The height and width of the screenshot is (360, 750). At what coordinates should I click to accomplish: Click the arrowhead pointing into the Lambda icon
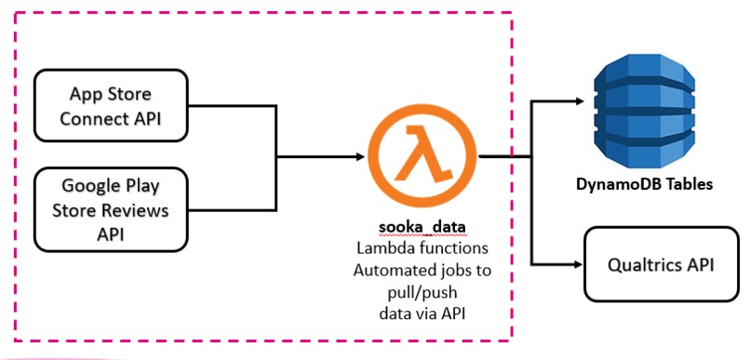(358, 156)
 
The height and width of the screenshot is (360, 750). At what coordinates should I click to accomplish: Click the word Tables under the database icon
(689, 184)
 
